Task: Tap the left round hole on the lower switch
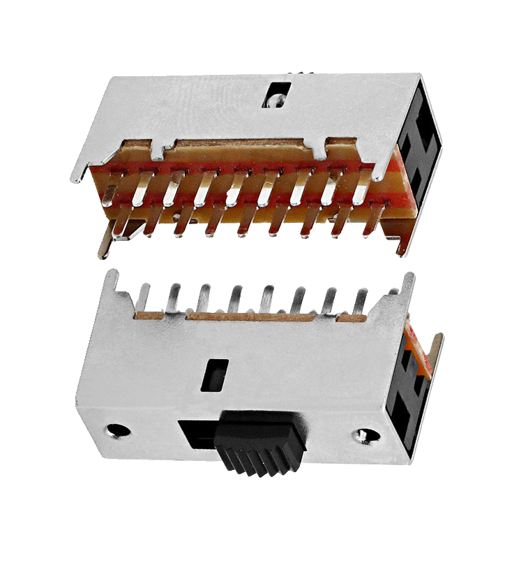tap(119, 430)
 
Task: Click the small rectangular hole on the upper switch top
tap(277, 96)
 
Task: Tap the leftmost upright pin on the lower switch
tap(143, 297)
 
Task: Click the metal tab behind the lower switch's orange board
tap(437, 353)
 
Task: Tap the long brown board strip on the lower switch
tap(258, 317)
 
